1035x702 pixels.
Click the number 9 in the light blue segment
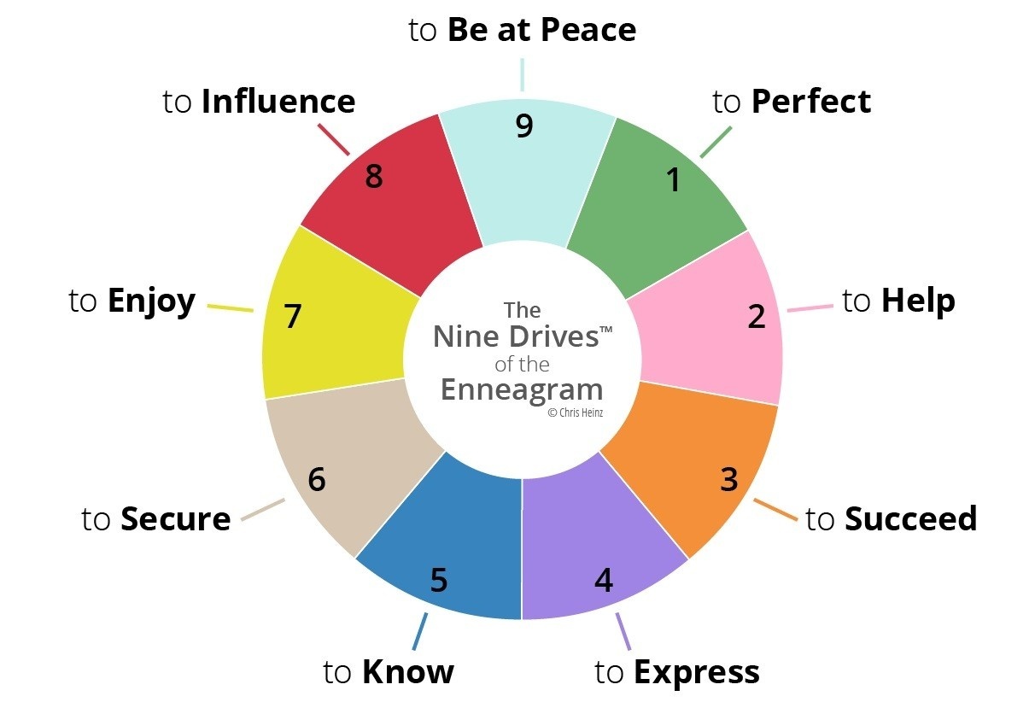click(x=524, y=126)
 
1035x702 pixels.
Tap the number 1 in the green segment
click(x=674, y=179)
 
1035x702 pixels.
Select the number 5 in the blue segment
click(x=438, y=581)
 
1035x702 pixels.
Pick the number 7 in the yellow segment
click(x=293, y=317)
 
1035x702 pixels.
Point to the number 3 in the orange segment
click(x=728, y=480)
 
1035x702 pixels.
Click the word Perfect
click(x=810, y=102)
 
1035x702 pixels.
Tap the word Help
click(x=918, y=301)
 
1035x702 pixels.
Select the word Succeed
click(x=910, y=518)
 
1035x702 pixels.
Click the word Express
click(x=696, y=672)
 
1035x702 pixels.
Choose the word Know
click(x=407, y=672)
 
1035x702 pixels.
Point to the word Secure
click(x=175, y=518)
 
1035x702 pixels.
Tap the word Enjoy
click(x=151, y=301)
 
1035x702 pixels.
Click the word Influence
click(x=278, y=102)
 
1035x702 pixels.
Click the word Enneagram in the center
click(x=522, y=389)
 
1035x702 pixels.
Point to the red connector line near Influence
click(x=333, y=140)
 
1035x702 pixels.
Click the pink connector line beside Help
click(x=809, y=307)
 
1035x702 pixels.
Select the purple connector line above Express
click(x=623, y=632)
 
